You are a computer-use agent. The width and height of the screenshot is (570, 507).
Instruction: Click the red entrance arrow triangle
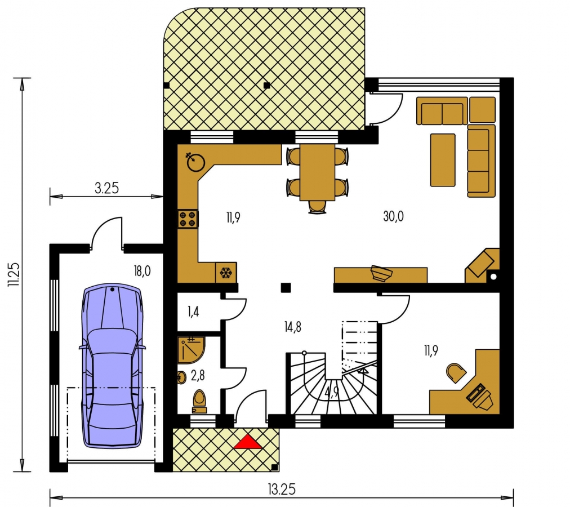[248, 442]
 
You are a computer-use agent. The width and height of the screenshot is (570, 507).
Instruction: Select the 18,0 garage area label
[142, 272]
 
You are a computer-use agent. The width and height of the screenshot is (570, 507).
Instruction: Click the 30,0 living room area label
[393, 216]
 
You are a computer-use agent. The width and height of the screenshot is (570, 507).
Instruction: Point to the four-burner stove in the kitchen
[188, 219]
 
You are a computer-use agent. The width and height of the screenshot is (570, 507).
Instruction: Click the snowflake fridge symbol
[226, 273]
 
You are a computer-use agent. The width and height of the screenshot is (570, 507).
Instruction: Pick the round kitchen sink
[195, 162]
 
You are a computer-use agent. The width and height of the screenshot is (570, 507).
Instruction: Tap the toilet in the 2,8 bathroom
[199, 402]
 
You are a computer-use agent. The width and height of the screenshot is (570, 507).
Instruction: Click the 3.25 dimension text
[107, 188]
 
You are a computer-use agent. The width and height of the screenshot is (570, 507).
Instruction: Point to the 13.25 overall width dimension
[282, 490]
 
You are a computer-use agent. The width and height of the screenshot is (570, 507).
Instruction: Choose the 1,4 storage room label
[193, 312]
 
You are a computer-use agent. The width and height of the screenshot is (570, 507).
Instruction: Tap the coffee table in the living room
[443, 160]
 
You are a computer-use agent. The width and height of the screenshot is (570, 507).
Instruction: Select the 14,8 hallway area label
[293, 327]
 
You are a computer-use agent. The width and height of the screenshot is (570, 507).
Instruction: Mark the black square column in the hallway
[286, 288]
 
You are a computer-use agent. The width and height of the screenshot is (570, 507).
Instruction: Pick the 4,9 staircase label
[332, 392]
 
